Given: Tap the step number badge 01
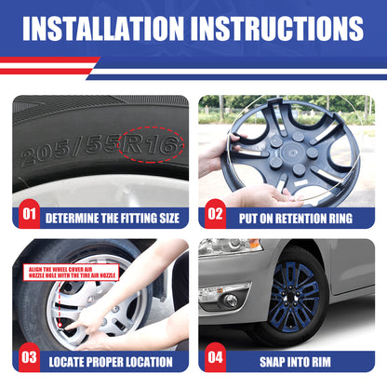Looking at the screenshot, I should (x=29, y=216).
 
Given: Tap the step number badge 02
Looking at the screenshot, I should (x=216, y=216).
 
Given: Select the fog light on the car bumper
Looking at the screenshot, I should (x=229, y=300).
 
